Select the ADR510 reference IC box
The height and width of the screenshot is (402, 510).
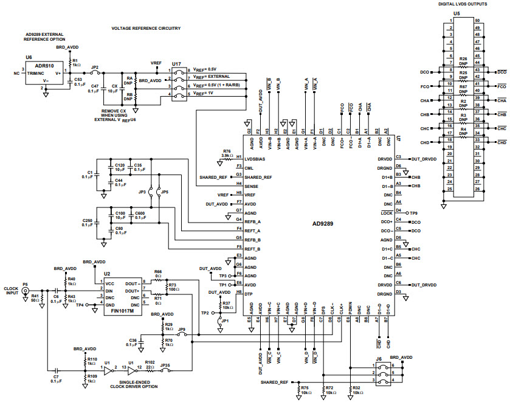43,72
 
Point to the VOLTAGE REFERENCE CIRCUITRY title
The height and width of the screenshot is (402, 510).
145,29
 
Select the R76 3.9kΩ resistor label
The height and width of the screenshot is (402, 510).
227,153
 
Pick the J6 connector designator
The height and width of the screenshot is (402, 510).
379,359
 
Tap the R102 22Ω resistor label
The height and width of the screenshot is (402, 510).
150,364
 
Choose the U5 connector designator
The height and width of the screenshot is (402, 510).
457,13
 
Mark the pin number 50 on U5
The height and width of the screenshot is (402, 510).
477,21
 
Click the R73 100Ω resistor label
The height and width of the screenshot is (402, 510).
172,286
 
